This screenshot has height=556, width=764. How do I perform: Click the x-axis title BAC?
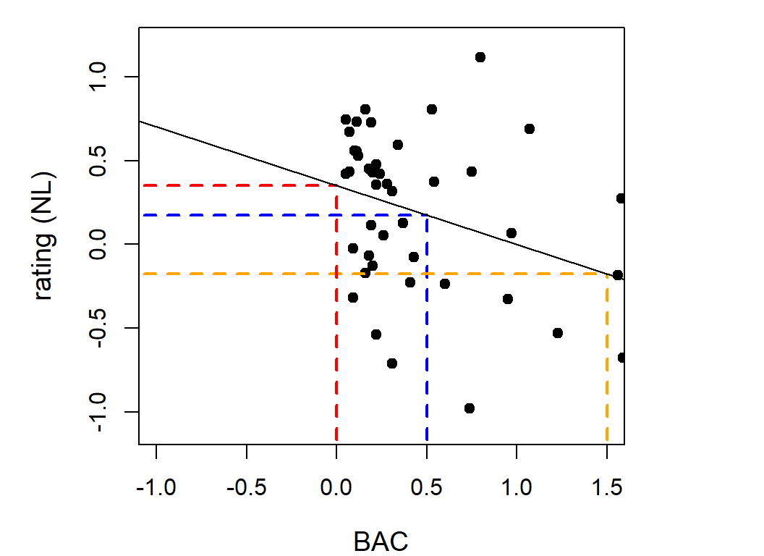[381, 541]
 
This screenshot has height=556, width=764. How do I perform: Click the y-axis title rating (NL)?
[45, 236]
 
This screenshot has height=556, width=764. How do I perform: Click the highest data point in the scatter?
[480, 57]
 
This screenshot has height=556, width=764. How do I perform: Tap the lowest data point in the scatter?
[470, 408]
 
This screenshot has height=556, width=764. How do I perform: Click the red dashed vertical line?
[336, 326]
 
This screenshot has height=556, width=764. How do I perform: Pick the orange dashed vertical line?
[606, 362]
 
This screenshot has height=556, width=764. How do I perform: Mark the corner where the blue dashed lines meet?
[427, 215]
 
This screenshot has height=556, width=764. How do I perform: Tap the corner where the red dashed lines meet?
[336, 186]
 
